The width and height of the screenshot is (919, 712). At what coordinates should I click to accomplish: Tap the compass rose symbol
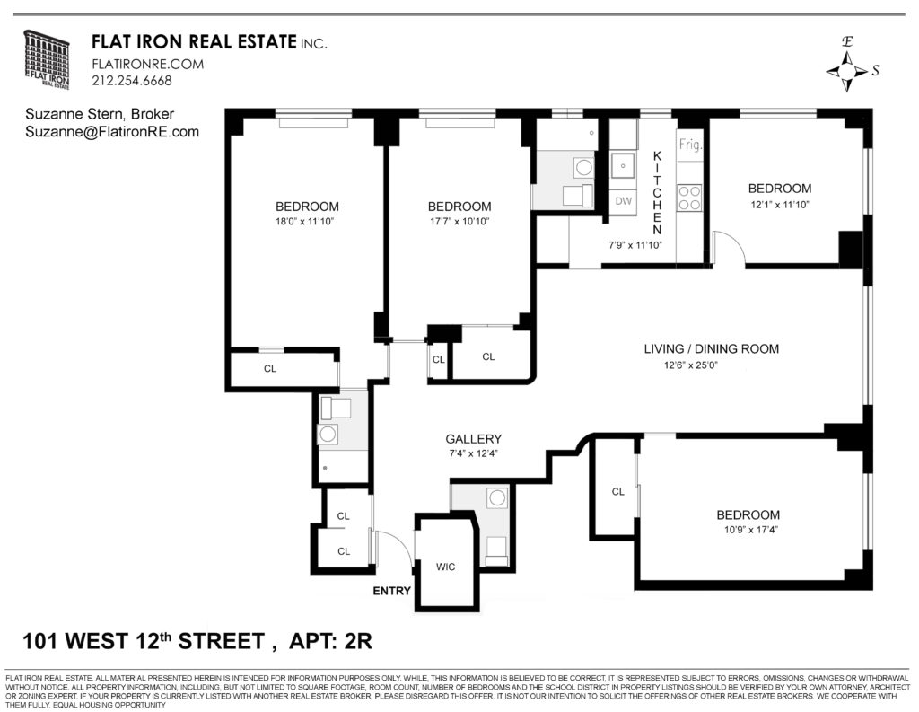(845, 70)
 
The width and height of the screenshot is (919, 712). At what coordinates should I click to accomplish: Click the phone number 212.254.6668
(131, 81)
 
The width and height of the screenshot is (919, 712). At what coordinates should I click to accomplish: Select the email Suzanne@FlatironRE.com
(112, 132)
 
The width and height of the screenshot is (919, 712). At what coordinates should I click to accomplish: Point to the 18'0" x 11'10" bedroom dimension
(307, 221)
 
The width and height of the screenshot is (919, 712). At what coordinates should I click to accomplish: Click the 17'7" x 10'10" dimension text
(459, 221)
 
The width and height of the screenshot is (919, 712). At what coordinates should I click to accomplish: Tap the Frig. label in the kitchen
(689, 145)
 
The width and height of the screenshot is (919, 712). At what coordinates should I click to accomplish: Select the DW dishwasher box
(624, 201)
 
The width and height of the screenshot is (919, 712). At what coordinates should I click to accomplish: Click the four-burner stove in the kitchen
(689, 197)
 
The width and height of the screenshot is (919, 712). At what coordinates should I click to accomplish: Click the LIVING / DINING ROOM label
(711, 349)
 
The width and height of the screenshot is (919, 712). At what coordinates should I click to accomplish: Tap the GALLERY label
(473, 439)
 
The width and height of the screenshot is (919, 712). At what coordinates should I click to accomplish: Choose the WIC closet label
(446, 567)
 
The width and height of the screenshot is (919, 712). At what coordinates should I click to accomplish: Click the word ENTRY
(391, 591)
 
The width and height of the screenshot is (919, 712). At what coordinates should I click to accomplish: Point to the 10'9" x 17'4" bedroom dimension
(748, 530)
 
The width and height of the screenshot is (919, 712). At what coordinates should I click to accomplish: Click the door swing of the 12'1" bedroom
(728, 247)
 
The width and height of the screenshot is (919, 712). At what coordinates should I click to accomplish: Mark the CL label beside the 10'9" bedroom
(617, 492)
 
